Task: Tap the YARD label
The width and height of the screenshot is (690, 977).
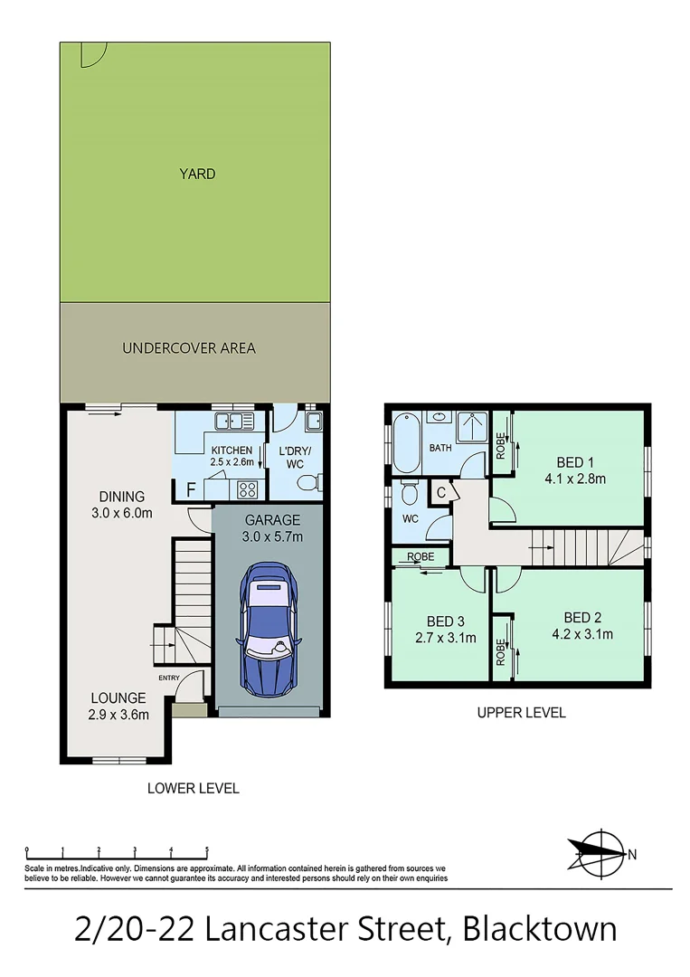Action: [x=197, y=174]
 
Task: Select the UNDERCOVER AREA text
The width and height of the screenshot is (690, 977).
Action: [x=189, y=347]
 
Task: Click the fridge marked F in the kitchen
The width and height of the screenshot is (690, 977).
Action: [x=190, y=490]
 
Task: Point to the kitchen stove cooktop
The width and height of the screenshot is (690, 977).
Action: [x=247, y=489]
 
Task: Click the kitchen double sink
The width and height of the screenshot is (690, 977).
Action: [x=232, y=421]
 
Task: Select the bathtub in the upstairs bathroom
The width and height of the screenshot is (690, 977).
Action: [x=404, y=442]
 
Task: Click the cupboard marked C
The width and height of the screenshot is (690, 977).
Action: [x=440, y=493]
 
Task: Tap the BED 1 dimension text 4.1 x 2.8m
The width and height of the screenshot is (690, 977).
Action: [x=575, y=478]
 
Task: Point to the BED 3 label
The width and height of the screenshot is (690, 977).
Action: [x=445, y=621]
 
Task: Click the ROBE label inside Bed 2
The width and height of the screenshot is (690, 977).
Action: [x=501, y=648]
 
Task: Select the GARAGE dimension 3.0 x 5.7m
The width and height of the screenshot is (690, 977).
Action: [x=272, y=536]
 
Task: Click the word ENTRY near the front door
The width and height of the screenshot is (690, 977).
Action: [x=169, y=678]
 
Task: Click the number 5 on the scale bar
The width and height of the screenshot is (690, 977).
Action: [x=207, y=850]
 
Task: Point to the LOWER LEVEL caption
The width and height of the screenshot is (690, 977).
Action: [x=193, y=788]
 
